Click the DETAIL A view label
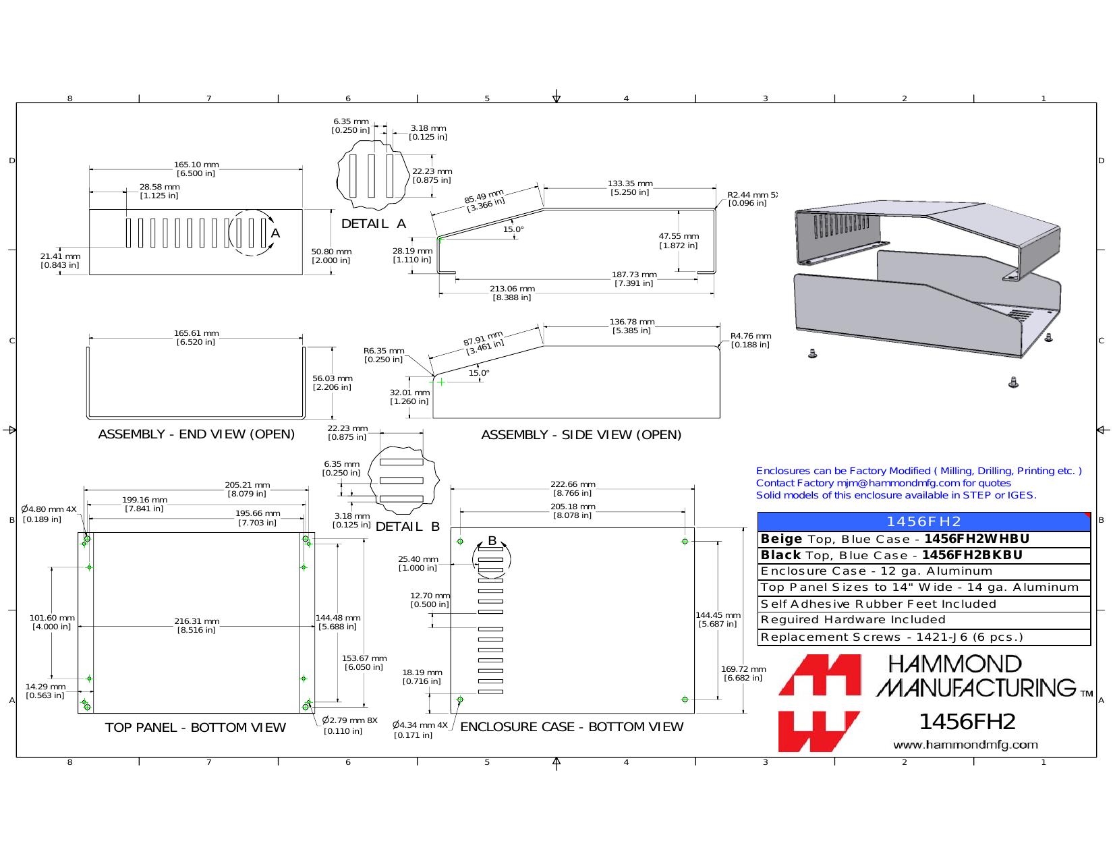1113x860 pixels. click(x=374, y=224)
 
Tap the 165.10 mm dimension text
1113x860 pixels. click(x=196, y=165)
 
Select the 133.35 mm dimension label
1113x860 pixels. click(x=630, y=183)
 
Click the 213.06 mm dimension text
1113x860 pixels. click(x=512, y=289)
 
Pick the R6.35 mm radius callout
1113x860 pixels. click(x=384, y=351)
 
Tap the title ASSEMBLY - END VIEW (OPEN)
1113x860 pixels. click(x=196, y=434)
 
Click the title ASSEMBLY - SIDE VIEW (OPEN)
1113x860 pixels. click(x=581, y=435)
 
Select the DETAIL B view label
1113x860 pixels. click(x=407, y=527)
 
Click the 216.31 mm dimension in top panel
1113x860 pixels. click(x=197, y=621)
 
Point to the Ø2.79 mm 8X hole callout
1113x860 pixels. click(x=350, y=720)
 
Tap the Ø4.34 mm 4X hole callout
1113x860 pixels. click(x=420, y=725)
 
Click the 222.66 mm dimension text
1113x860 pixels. click(x=573, y=484)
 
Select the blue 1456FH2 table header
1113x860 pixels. click(x=923, y=521)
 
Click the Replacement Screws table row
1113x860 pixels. click(x=923, y=637)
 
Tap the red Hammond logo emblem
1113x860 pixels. click(x=820, y=703)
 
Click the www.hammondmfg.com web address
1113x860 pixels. click(x=965, y=745)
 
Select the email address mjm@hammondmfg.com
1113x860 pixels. click(x=898, y=483)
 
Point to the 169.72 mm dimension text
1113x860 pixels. click(x=743, y=669)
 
